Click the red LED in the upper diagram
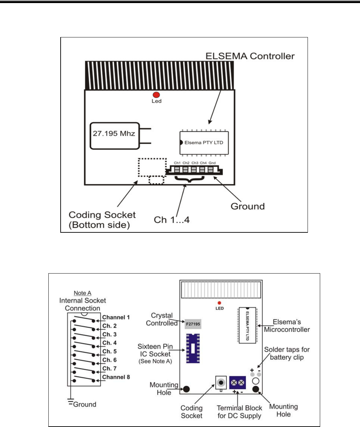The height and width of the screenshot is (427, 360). [x=156, y=95]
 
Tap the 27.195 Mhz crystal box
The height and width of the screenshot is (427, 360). [x=114, y=136]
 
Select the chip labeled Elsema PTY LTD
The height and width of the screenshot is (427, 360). [x=204, y=143]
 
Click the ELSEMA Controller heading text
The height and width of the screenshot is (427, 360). [x=250, y=56]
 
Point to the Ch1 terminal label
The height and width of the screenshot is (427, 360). [x=177, y=163]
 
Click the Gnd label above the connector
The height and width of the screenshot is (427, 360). [x=212, y=163]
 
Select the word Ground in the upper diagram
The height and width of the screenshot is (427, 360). [x=248, y=206]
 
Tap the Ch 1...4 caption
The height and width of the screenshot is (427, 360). [x=172, y=220]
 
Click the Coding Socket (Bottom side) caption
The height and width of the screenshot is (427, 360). [x=102, y=220]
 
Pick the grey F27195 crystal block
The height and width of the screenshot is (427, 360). [x=193, y=324]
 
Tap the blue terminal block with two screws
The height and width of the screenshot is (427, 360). [x=238, y=383]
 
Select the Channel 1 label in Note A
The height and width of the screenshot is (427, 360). [x=116, y=317]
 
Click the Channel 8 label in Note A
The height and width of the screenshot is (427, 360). [x=116, y=377]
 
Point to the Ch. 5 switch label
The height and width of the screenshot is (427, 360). [x=109, y=351]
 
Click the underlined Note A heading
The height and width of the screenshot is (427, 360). [x=82, y=293]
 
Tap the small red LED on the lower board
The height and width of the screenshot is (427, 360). [x=219, y=303]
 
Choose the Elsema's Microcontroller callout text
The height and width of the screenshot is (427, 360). [x=287, y=326]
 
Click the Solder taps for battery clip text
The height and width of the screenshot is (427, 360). [x=287, y=353]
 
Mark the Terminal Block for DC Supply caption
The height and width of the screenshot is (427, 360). [x=239, y=412]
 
